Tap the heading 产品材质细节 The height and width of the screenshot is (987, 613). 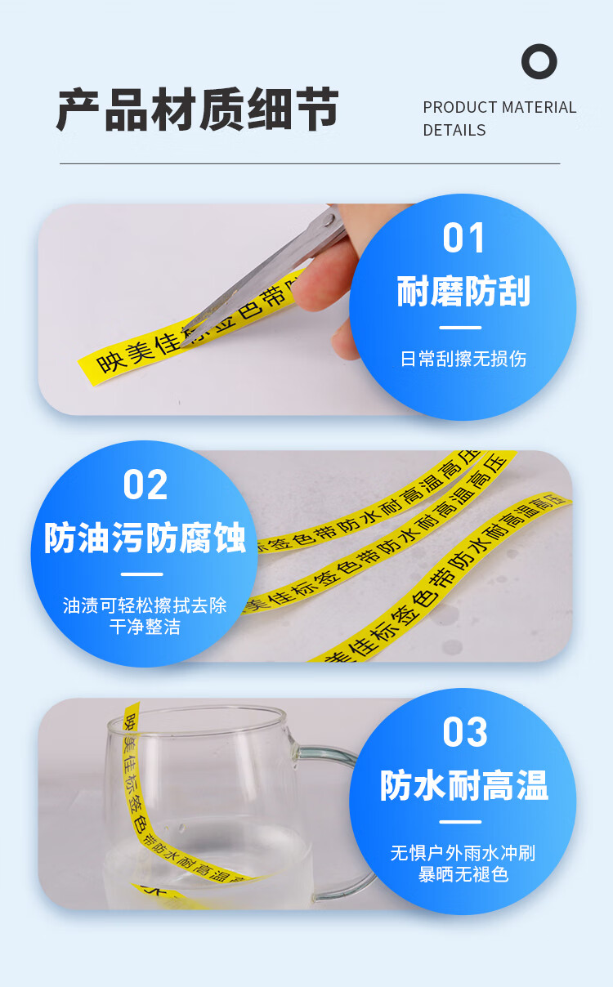198,109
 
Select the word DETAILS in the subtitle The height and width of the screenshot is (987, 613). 454,131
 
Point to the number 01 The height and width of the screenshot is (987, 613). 463,238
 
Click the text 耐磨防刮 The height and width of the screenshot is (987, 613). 463,291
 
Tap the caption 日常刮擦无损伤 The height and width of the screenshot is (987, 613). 463,360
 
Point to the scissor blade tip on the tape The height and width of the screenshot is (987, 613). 183,345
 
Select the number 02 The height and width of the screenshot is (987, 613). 145,485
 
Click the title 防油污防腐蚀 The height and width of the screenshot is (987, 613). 145,537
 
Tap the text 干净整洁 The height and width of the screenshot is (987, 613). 145,627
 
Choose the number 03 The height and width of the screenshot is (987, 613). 465,731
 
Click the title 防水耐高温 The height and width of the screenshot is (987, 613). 464,785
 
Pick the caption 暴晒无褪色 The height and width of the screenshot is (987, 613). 463,874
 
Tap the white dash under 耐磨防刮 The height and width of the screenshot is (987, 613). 460,328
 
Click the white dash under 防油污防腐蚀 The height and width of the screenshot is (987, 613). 142,574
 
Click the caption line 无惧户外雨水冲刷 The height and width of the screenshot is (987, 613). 463,854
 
